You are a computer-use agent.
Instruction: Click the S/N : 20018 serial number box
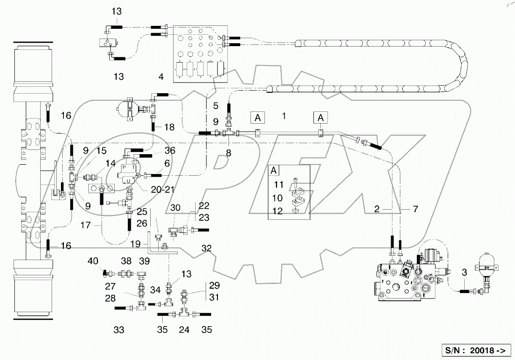[x=476, y=350]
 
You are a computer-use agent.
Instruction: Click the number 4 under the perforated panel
[x=160, y=77]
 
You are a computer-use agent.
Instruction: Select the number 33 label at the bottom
[x=119, y=330]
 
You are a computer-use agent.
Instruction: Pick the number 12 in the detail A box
[x=278, y=211]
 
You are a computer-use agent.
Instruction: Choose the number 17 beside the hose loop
[x=86, y=225]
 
